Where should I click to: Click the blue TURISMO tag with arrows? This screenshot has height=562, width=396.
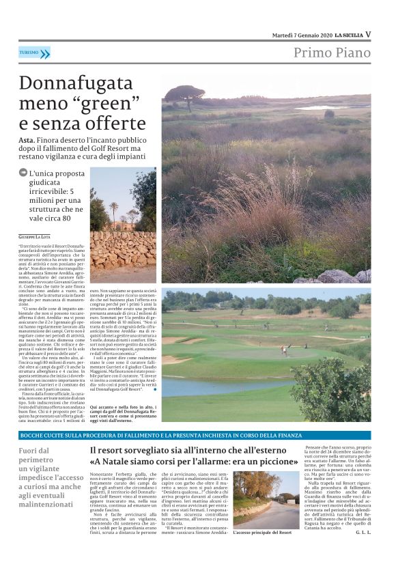(x=34, y=53)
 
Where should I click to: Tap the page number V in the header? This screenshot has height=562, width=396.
(x=368, y=34)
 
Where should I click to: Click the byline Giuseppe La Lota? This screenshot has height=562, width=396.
(x=36, y=236)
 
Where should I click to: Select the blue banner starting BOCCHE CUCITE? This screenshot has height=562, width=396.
(x=195, y=434)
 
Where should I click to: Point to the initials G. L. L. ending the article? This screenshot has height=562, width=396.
(x=363, y=531)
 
